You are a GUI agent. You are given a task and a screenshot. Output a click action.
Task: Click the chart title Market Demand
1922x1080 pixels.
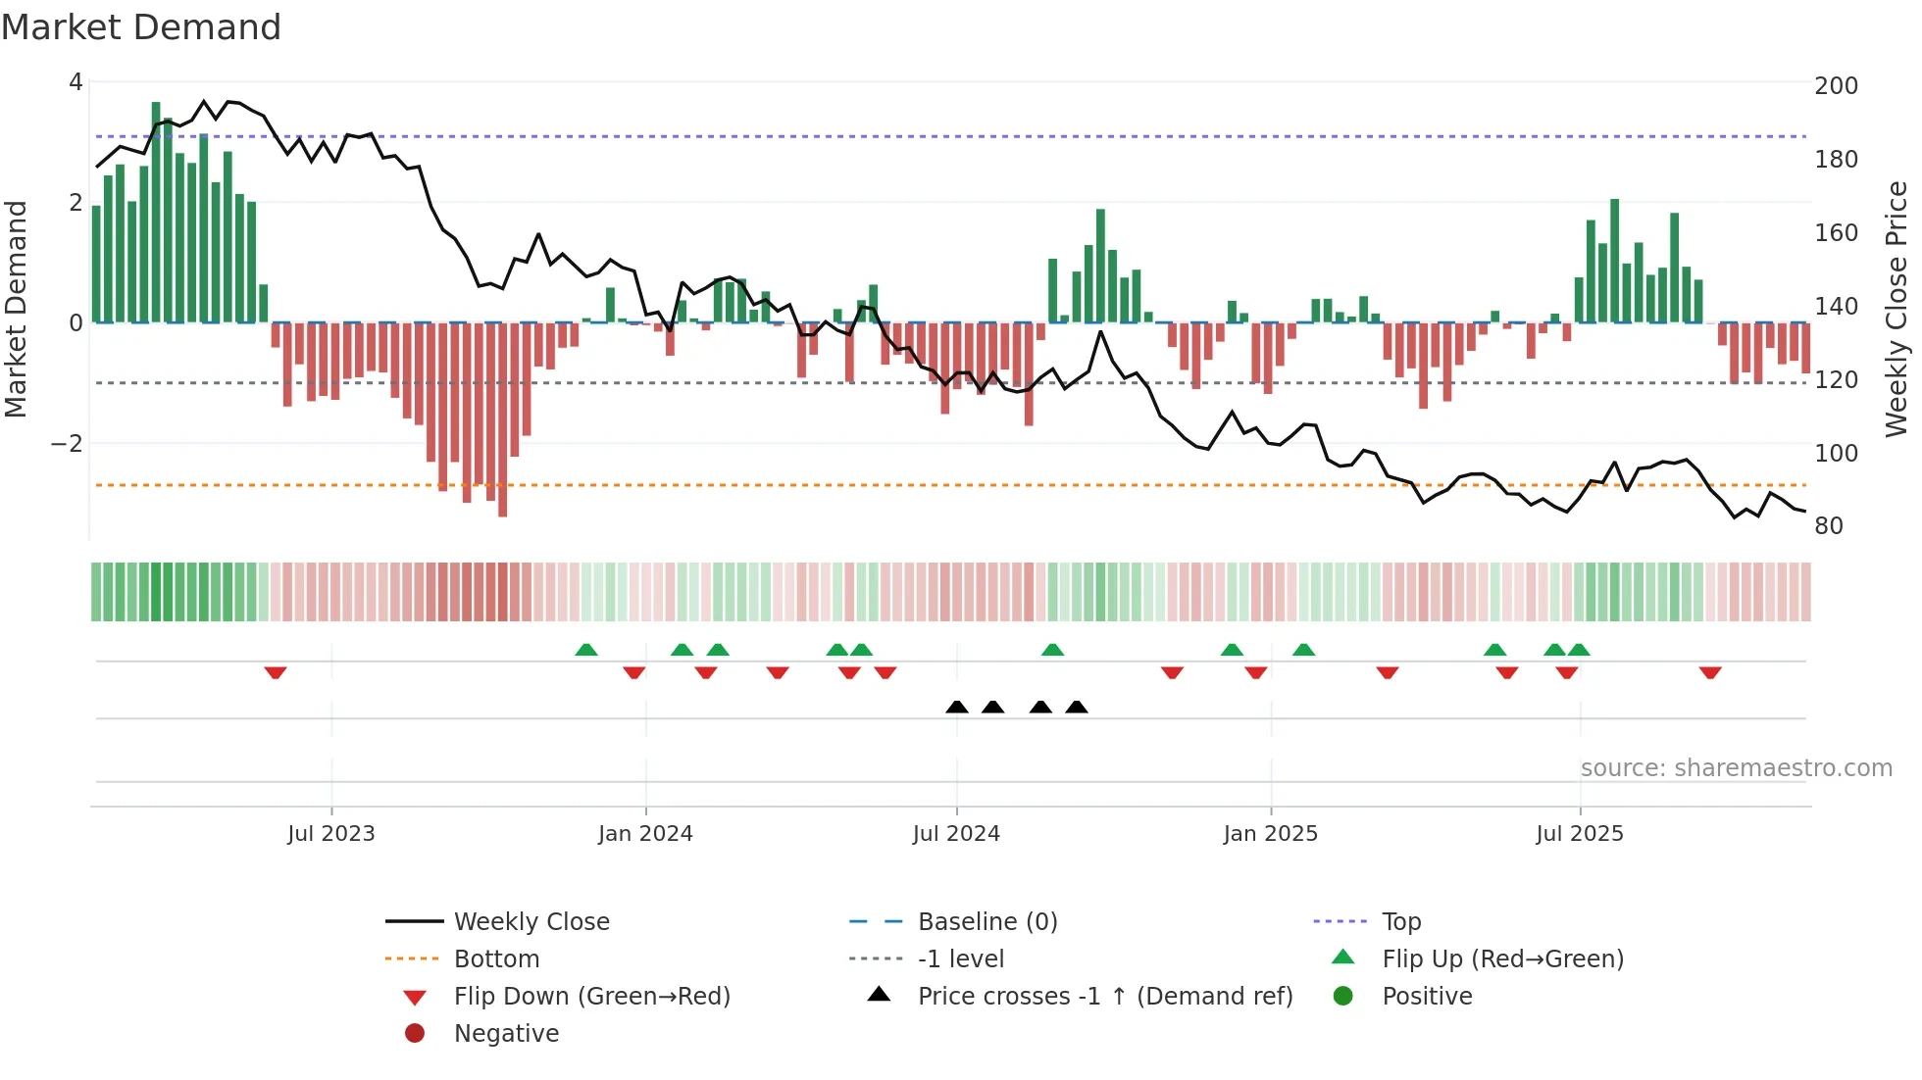click(141, 27)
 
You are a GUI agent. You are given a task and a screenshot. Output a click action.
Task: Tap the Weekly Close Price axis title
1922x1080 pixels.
click(1897, 309)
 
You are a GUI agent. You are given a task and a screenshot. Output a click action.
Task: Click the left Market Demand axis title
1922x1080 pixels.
click(17, 309)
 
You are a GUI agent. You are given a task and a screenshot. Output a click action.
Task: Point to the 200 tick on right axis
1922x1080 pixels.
click(1836, 86)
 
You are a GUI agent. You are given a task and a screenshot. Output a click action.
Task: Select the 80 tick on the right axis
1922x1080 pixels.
click(1829, 526)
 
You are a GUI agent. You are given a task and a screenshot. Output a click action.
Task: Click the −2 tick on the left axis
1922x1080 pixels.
click(68, 444)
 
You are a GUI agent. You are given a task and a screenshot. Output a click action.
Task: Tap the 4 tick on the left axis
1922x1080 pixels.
click(76, 82)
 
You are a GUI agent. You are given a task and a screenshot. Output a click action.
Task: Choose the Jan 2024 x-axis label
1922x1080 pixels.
click(645, 834)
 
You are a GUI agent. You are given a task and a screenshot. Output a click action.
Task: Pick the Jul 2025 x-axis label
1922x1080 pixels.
click(1580, 834)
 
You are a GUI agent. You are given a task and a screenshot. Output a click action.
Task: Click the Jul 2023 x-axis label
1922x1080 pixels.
click(331, 834)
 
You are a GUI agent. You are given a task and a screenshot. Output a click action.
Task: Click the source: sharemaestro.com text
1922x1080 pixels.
click(1736, 768)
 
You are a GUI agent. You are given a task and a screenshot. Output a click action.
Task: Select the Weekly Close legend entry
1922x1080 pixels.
click(531, 922)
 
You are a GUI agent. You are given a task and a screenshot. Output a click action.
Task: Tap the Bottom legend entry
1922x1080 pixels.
click(496, 959)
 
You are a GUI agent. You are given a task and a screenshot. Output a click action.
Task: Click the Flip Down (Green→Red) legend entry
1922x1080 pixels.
click(591, 997)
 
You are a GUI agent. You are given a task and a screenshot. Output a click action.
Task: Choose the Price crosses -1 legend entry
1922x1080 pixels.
click(1104, 997)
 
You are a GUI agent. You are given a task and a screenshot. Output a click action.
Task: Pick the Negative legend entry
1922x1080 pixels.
click(506, 1034)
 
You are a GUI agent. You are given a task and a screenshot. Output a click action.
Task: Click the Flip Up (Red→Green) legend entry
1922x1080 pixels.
click(1502, 959)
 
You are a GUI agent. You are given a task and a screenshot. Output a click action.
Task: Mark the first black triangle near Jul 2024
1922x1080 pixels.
click(957, 707)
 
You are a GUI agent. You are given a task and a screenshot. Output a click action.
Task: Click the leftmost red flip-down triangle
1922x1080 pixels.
click(276, 672)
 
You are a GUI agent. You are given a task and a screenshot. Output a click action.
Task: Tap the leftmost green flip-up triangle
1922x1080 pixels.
click(586, 650)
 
